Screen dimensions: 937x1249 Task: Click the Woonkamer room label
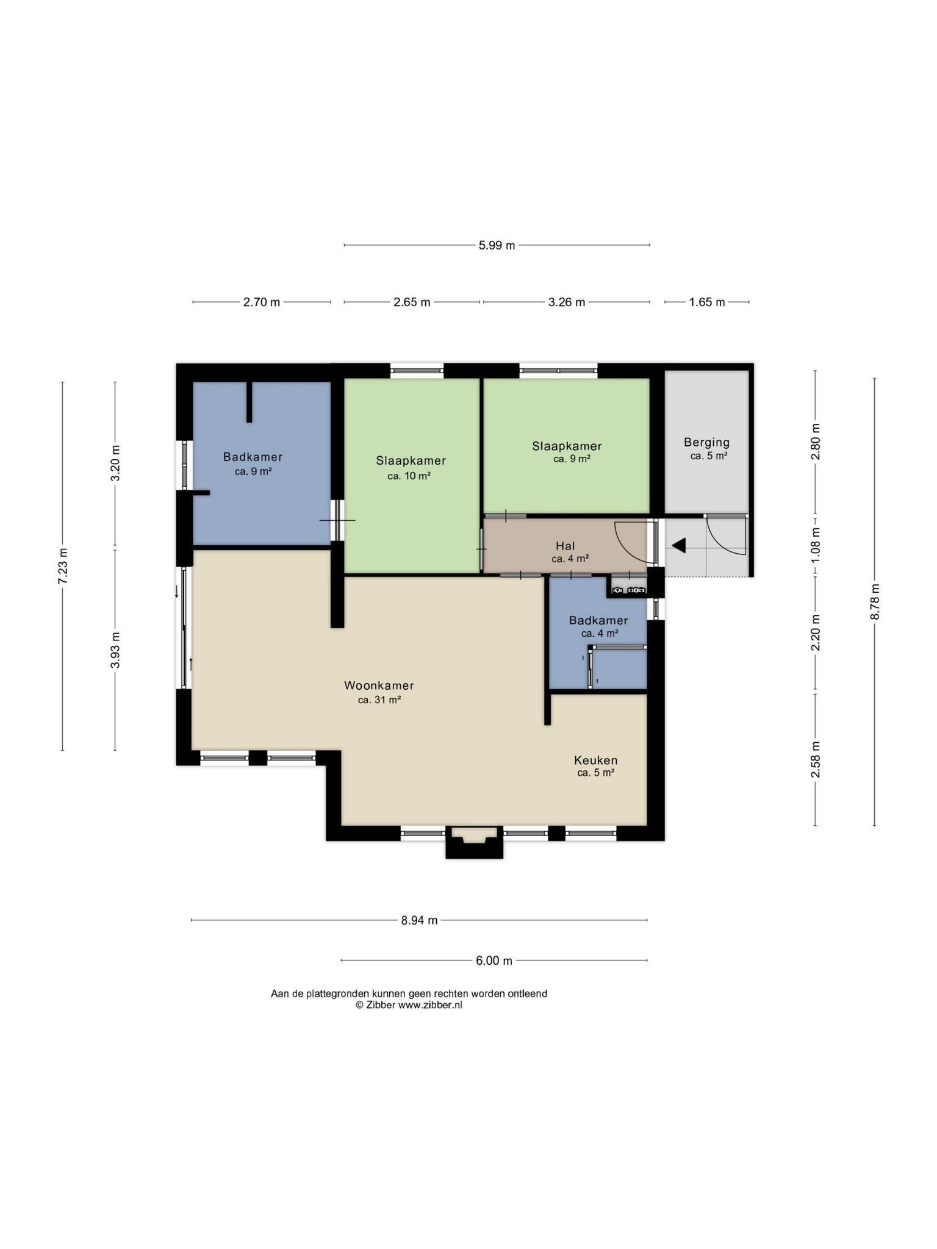pos(379,685)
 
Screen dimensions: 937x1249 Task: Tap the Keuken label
pos(595,760)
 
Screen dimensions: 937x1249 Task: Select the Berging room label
pos(706,443)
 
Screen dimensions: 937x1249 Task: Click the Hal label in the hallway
pos(565,546)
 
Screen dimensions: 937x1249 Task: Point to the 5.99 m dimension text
pos(497,245)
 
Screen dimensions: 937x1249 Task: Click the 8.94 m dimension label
pos(419,920)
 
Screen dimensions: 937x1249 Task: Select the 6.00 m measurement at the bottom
pos(494,961)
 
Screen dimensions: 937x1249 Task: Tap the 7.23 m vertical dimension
pos(63,566)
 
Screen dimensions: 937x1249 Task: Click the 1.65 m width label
pos(707,302)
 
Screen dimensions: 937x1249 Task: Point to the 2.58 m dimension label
pos(815,759)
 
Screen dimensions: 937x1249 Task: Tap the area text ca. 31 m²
pos(379,700)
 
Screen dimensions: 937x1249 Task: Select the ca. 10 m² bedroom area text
pos(409,476)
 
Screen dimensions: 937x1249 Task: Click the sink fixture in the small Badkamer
pos(628,590)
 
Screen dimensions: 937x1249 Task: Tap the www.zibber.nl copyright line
pos(409,1005)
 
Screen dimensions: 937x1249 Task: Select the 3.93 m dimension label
pos(115,650)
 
